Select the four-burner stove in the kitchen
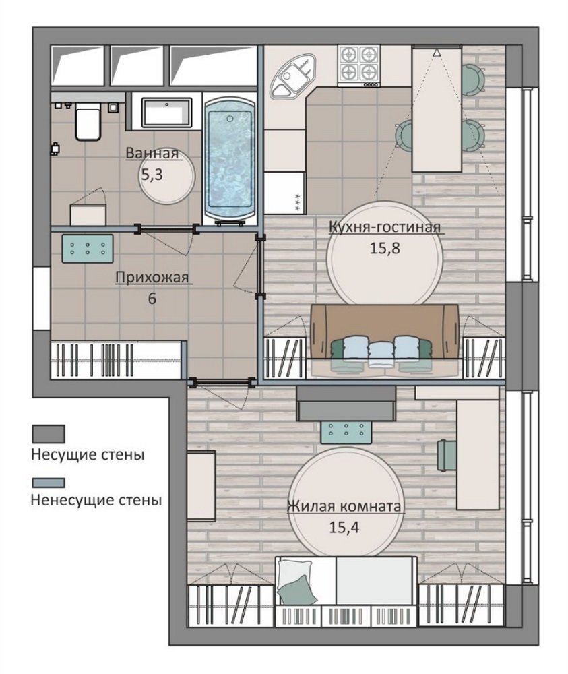(x=359, y=65)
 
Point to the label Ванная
(x=152, y=154)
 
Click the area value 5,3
(x=152, y=175)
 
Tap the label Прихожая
(x=152, y=278)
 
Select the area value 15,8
(x=385, y=248)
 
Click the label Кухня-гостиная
(x=385, y=226)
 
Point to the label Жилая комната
(x=344, y=506)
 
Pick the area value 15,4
(x=344, y=528)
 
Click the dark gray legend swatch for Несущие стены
(x=49, y=434)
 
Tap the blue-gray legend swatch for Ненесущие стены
(x=49, y=483)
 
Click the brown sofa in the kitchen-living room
(x=384, y=332)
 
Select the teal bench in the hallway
(x=88, y=249)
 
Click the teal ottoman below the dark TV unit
(x=346, y=431)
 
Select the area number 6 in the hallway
(x=152, y=299)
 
